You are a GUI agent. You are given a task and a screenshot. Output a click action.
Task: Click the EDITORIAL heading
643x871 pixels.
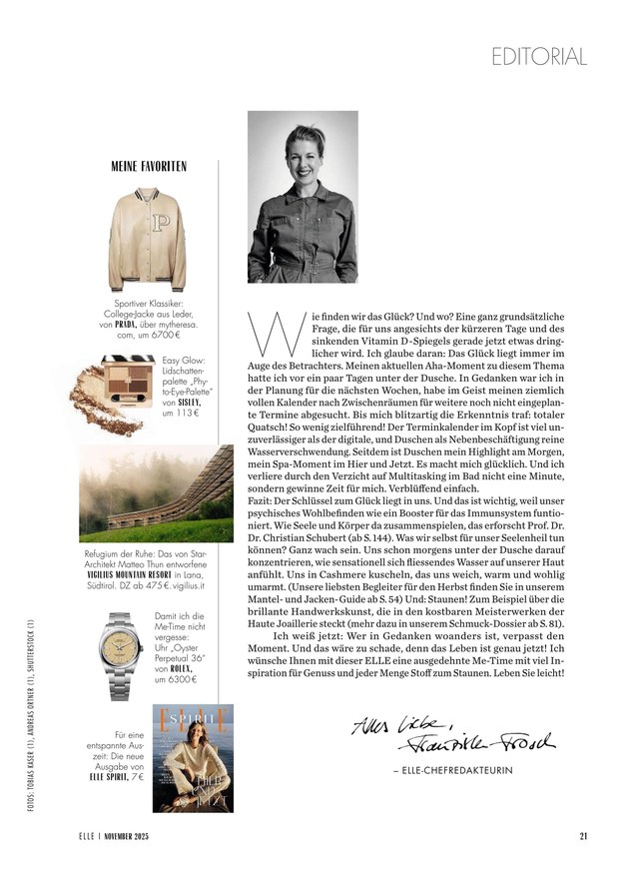(x=539, y=57)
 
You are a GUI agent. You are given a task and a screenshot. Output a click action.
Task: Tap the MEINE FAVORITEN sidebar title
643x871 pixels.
(x=149, y=166)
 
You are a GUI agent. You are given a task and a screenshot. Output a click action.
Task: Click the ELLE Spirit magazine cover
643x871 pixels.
(x=192, y=757)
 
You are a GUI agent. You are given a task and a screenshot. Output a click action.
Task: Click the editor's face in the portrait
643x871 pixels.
(x=301, y=154)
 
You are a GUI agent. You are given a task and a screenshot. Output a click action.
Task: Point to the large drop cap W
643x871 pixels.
(x=263, y=333)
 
